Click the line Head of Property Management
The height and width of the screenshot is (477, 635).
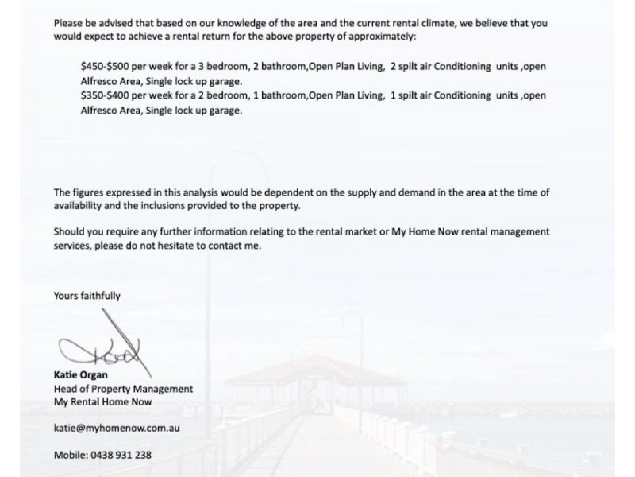point(123,389)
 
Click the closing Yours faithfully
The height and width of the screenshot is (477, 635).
point(87,296)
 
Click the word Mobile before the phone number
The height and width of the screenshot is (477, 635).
point(69,455)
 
